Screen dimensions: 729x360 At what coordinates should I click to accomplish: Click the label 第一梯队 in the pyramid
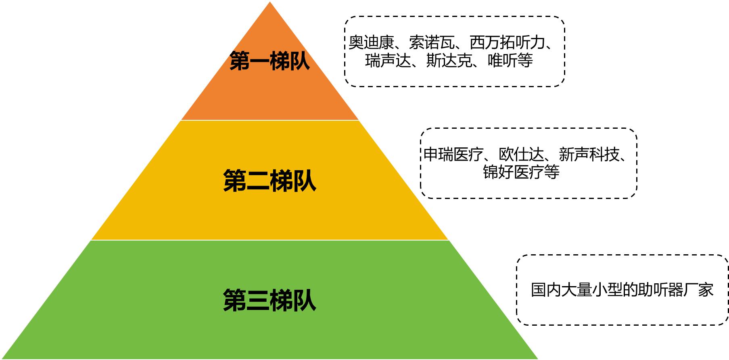click(x=269, y=61)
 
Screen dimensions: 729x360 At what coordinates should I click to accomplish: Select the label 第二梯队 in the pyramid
click(x=269, y=180)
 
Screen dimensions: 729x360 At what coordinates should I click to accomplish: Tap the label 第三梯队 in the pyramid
click(x=269, y=300)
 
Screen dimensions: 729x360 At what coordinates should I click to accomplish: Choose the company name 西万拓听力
click(x=508, y=42)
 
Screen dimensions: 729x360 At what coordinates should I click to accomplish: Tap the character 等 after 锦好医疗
click(x=552, y=172)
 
